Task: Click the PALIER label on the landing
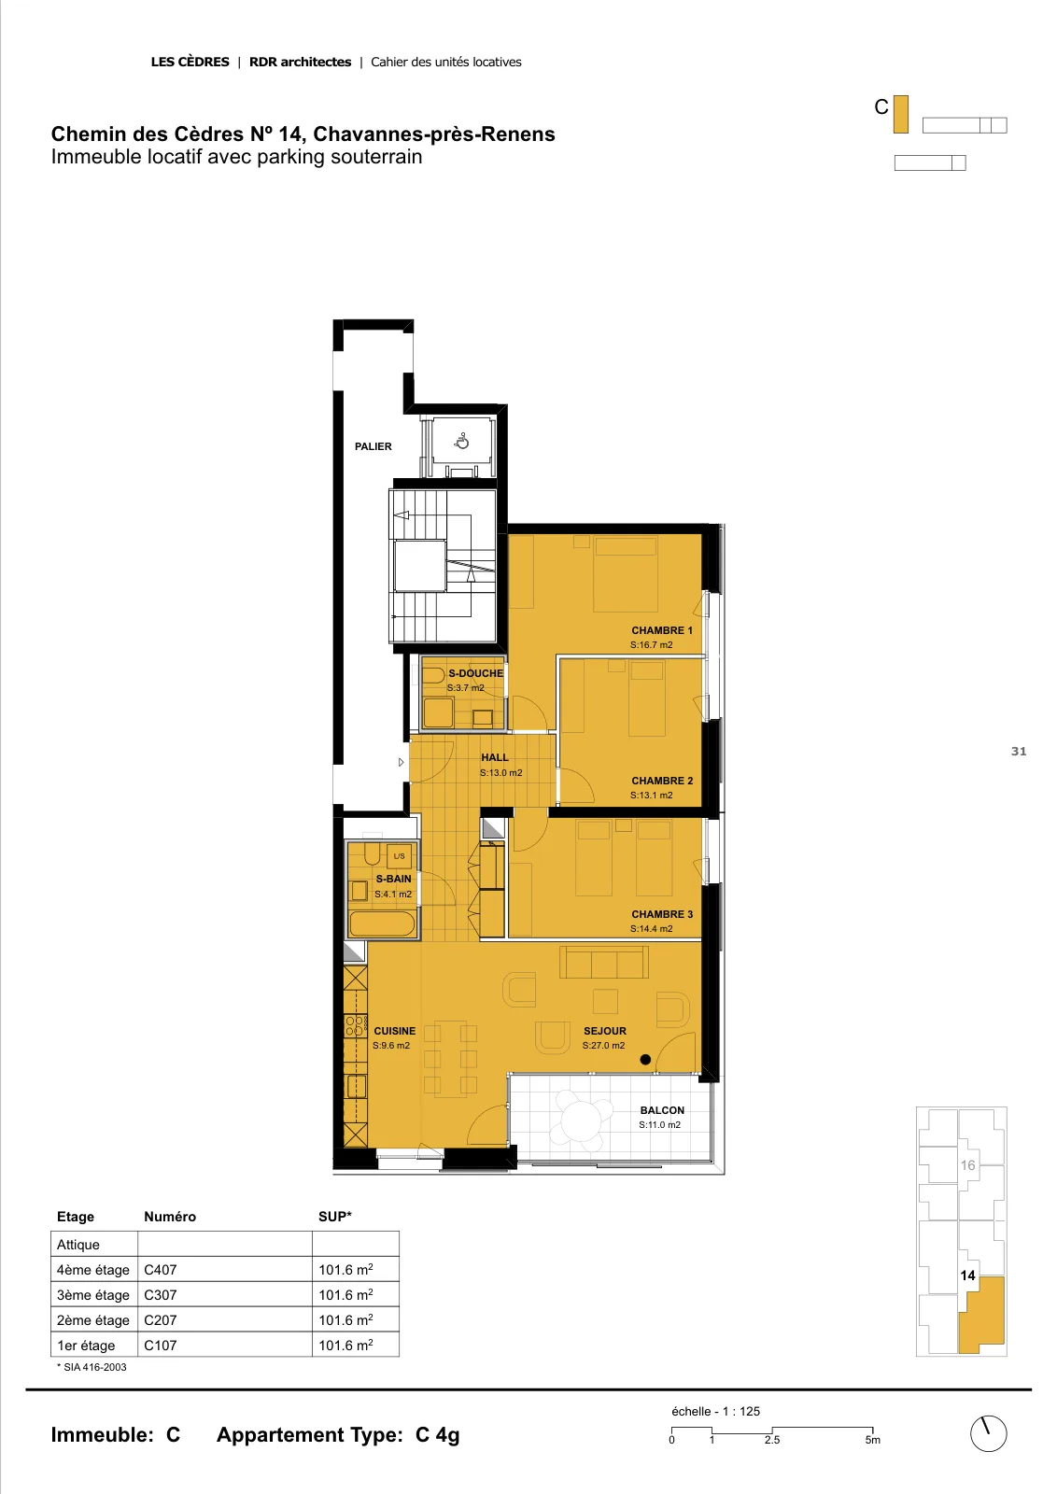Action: (x=373, y=446)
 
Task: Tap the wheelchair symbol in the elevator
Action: (x=461, y=441)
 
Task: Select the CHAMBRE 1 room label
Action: (x=661, y=630)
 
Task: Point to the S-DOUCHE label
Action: (x=475, y=673)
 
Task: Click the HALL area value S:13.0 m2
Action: (x=500, y=772)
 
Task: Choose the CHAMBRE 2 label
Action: (x=661, y=781)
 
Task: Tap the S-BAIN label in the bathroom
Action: (x=393, y=879)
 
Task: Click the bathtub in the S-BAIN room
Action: (x=382, y=923)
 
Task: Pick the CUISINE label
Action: (x=394, y=1031)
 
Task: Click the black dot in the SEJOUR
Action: (x=645, y=1059)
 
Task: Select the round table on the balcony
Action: (x=582, y=1120)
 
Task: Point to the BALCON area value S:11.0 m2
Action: (x=659, y=1124)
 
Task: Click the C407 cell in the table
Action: (x=160, y=1270)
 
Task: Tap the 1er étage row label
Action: (x=86, y=1346)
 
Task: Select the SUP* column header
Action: (x=335, y=1217)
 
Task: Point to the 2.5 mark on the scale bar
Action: (x=771, y=1440)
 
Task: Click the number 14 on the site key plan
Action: (x=967, y=1276)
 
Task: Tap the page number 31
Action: (x=1019, y=751)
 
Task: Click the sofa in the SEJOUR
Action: (x=603, y=962)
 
